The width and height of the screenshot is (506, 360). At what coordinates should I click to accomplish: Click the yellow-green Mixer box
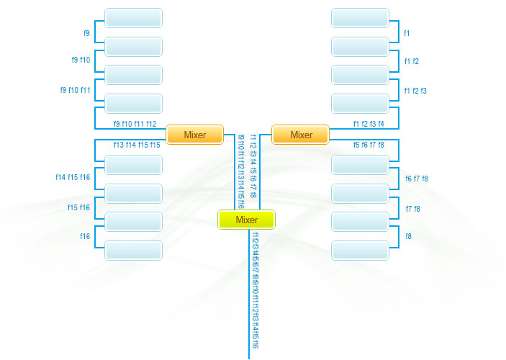246,220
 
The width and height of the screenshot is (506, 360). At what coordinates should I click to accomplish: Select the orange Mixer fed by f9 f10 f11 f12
195,135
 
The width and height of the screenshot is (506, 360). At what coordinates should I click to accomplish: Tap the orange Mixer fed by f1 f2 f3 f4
301,135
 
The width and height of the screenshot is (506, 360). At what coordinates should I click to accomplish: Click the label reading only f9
86,33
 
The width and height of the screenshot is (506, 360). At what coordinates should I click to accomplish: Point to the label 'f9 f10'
81,60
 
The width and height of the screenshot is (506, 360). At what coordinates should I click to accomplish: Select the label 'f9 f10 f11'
75,90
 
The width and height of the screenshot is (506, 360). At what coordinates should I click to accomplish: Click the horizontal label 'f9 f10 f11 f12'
135,124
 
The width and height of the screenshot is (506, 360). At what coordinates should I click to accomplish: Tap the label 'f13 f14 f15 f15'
137,145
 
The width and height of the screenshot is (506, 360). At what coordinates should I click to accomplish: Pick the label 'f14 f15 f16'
73,177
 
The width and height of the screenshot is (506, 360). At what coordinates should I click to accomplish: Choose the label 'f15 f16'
78,207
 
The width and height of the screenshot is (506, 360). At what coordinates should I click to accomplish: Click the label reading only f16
85,236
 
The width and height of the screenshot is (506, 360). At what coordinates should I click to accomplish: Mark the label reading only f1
407,33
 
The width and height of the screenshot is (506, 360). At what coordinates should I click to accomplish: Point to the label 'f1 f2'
411,61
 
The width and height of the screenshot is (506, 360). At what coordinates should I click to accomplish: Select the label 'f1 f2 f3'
415,91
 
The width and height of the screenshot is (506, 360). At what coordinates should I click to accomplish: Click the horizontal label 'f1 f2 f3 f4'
369,124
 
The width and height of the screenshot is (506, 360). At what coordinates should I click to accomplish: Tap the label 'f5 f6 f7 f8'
369,145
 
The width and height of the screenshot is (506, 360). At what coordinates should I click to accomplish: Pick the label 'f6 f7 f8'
417,179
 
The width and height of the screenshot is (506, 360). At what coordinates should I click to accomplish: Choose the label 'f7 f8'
413,209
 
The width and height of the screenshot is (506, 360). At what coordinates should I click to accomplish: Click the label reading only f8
409,236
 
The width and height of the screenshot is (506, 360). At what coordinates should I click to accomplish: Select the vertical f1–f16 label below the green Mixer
256,289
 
